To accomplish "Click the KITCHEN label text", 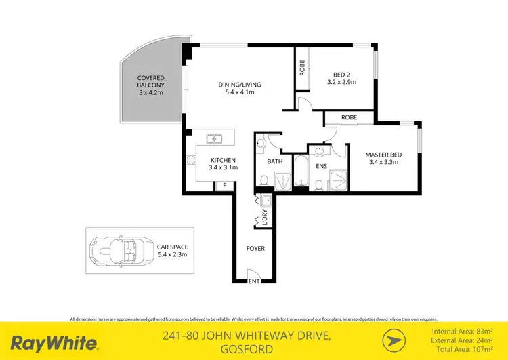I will tap(217, 160).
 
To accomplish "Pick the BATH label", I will tap(274, 162).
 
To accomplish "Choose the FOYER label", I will tap(255, 249).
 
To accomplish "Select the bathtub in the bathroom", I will tap(300, 174).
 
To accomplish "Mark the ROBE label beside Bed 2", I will tap(302, 67).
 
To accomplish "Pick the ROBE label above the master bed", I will tap(349, 117).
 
